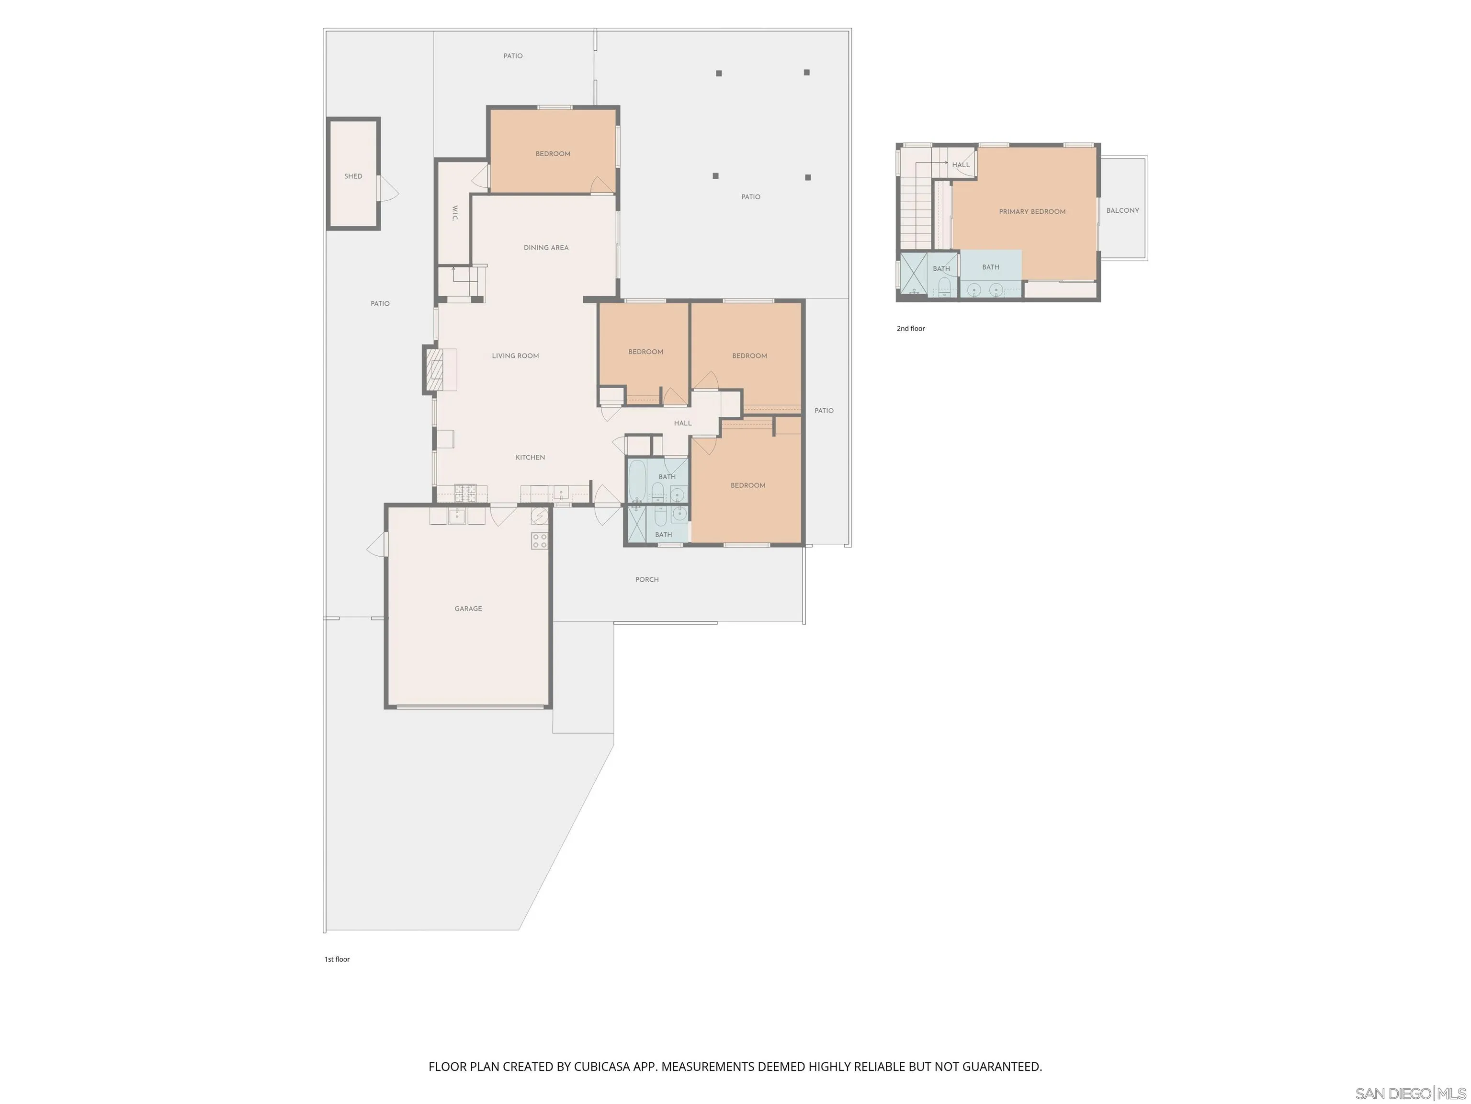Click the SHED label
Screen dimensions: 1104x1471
(353, 176)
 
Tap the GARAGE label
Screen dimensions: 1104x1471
(468, 608)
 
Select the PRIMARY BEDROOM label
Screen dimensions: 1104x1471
(1031, 212)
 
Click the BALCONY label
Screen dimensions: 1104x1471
(1122, 210)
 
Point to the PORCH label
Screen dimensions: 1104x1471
(646, 580)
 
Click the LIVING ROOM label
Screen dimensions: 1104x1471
(515, 356)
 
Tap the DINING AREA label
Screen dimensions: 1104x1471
(546, 248)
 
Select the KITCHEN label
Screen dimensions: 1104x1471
(530, 457)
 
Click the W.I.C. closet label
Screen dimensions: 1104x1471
(455, 213)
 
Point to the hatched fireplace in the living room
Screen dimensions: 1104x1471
(434, 370)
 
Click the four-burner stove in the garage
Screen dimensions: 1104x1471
(539, 540)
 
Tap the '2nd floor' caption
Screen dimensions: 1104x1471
(910, 329)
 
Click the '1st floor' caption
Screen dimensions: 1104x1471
(337, 959)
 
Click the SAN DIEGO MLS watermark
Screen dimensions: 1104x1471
(1410, 1093)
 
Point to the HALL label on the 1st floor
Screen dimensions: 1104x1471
(682, 423)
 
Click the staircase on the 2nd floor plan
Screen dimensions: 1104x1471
(917, 213)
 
